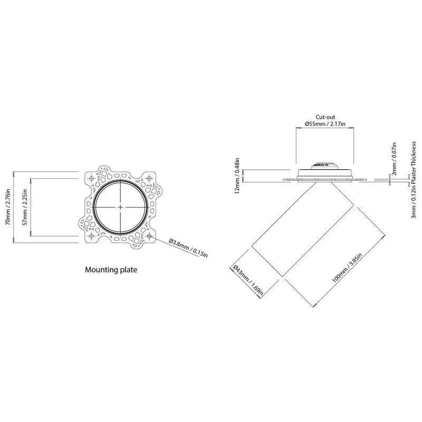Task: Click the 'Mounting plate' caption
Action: coord(111,270)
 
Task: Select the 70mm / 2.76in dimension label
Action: coord(7,207)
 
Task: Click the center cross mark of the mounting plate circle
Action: coord(121,207)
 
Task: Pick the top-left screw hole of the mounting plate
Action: coord(91,178)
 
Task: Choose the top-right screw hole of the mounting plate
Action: coord(149,178)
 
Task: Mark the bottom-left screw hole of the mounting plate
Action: coord(91,236)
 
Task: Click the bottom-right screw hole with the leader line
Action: coord(149,236)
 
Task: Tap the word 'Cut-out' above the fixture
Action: coord(325,117)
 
